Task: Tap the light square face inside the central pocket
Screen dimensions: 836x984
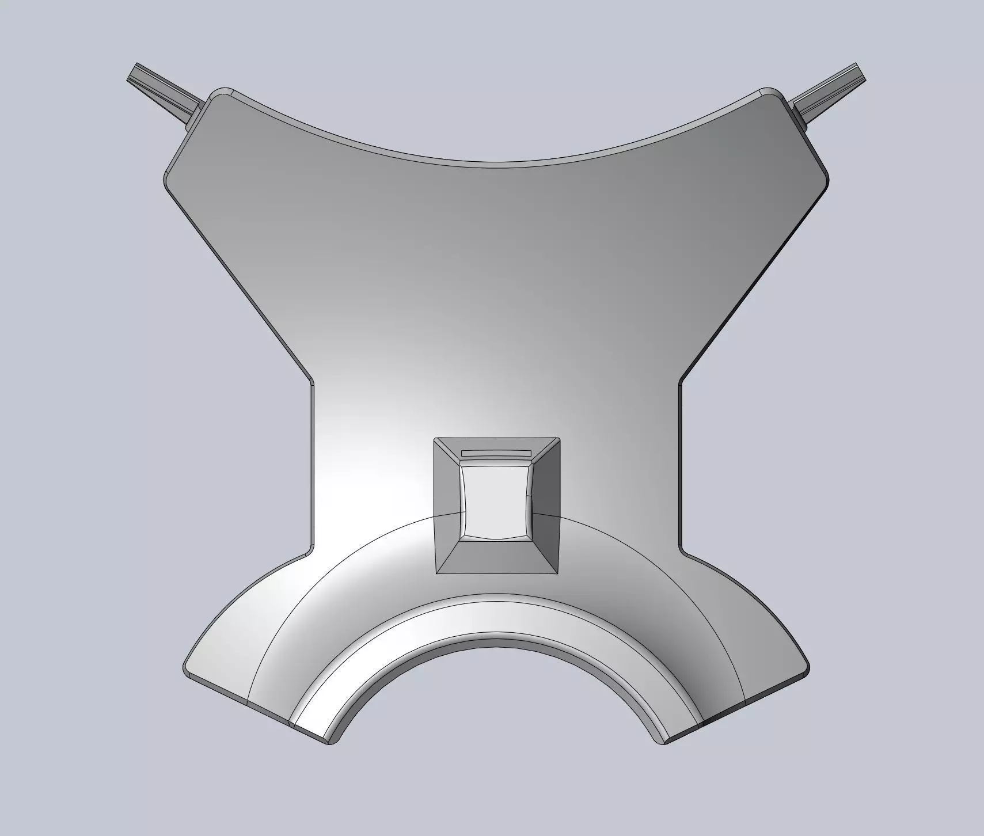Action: pyautogui.click(x=496, y=500)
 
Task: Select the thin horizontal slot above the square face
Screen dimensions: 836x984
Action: pyautogui.click(x=495, y=453)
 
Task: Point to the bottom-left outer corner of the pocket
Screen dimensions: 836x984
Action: pyautogui.click(x=436, y=573)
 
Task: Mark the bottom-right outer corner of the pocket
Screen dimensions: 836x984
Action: pyautogui.click(x=557, y=573)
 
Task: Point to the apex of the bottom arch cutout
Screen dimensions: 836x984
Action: pyautogui.click(x=496, y=635)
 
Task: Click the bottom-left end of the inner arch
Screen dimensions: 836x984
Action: pyautogui.click(x=331, y=743)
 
